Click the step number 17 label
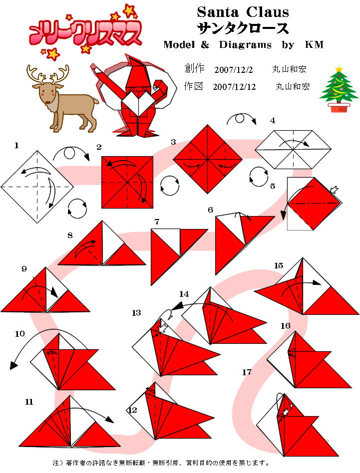coord(247,372)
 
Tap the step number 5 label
coord(273,186)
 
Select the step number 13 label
coord(136,313)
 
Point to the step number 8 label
coord(70,235)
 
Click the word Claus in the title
coord(267,12)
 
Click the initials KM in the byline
coord(314,44)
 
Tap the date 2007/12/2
coord(234,70)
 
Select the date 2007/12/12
coord(234,87)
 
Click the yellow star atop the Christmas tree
coord(339,69)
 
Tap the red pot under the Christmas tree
coord(339,107)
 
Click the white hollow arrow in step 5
coord(335,190)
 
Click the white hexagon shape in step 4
coord(293,150)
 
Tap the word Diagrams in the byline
coord(245,45)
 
